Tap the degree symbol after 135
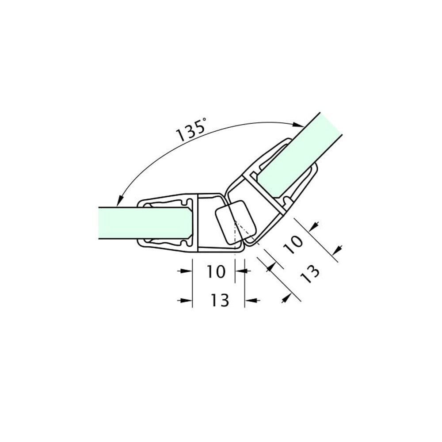[204, 120]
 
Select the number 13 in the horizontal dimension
[220, 301]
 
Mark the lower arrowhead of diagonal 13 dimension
[285, 299]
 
